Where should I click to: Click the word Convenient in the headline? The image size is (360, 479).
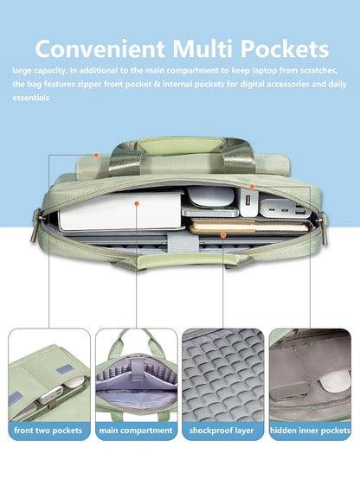point(100,48)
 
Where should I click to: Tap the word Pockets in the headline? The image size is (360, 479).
point(285,48)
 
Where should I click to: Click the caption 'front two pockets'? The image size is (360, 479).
point(48,431)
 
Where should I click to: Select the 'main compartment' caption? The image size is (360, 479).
point(136,431)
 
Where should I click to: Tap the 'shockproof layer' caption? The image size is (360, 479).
point(222,431)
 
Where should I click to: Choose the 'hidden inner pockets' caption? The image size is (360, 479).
point(310,431)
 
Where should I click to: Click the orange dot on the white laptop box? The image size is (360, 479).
point(137,203)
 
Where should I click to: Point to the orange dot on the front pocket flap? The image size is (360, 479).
point(96,155)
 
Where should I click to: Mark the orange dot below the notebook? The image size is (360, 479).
point(223,234)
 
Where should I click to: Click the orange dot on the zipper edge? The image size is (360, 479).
point(252,187)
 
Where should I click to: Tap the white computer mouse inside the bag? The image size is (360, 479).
point(211,197)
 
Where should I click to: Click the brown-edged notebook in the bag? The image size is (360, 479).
point(249,226)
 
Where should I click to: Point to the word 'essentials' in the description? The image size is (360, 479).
point(31,98)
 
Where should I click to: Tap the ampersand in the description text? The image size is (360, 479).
point(157,84)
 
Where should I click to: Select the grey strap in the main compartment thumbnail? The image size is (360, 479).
point(138,370)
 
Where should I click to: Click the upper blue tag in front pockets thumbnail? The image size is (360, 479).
point(64,370)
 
